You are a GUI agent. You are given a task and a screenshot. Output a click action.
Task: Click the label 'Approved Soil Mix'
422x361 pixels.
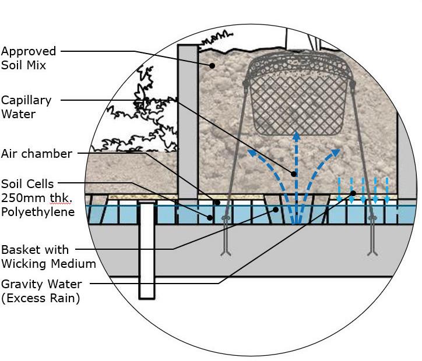[x=29, y=58]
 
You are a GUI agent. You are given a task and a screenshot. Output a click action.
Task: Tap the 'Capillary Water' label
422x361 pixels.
[x=26, y=107]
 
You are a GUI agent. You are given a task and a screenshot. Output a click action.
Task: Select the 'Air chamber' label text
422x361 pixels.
[x=37, y=154]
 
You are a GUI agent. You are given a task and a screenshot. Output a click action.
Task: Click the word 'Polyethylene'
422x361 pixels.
[x=38, y=212]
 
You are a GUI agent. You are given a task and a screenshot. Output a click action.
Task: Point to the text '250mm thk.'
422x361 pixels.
[x=37, y=198]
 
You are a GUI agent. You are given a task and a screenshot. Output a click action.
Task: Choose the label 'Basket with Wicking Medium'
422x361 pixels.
[x=48, y=257]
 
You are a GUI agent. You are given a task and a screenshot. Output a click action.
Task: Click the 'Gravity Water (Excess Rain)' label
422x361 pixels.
[x=41, y=291]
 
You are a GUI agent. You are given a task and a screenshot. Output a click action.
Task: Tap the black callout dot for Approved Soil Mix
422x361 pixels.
[x=213, y=66]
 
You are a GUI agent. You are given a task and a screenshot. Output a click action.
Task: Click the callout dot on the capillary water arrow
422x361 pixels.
[x=294, y=174]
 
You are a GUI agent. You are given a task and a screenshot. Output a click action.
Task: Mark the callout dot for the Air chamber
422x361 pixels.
[x=217, y=203]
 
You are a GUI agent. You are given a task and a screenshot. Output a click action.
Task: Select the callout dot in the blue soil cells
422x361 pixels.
[x=211, y=218]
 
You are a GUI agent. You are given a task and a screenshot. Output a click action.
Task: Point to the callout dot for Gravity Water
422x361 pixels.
[x=353, y=193]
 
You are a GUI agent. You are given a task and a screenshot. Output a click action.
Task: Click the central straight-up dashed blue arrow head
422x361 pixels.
[x=296, y=136]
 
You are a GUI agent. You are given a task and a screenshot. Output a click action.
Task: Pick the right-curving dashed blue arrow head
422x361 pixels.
[x=336, y=153]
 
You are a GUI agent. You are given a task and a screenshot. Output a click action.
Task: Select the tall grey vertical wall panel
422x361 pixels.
[x=187, y=122]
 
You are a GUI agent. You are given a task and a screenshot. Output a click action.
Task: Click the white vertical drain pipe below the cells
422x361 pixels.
[x=147, y=250]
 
